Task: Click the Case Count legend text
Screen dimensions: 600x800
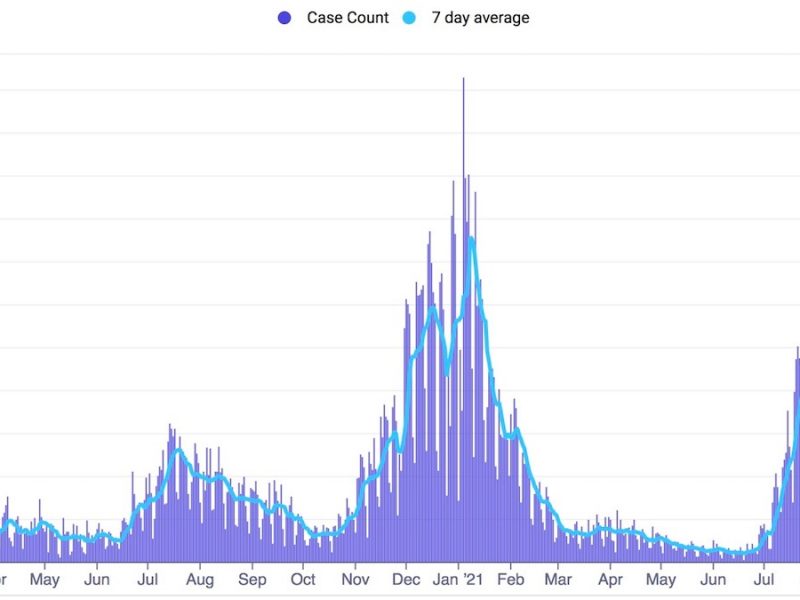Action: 348,18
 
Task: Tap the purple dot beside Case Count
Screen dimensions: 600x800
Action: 285,18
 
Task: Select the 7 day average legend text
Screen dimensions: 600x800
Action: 480,18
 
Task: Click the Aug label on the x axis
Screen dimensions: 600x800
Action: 200,579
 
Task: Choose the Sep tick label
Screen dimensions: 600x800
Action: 252,579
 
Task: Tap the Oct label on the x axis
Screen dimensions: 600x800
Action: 303,579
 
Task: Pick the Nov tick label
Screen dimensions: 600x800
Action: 356,579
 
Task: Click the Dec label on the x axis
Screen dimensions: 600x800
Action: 407,579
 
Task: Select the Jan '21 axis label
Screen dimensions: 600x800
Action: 460,579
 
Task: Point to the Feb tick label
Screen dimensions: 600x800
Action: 511,579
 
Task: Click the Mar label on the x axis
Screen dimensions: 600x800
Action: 559,579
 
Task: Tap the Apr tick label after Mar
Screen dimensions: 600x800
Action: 611,579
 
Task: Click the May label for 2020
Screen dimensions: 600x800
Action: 45,579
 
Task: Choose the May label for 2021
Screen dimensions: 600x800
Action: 661,579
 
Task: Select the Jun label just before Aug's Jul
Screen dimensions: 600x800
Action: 97,579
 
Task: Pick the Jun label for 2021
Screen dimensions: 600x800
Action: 713,579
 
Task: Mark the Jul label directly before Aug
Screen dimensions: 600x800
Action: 148,579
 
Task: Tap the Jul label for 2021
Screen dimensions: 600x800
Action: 764,579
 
